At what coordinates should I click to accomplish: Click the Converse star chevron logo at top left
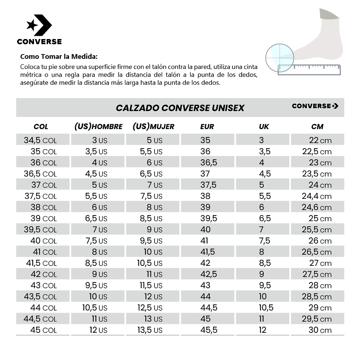click(x=39, y=25)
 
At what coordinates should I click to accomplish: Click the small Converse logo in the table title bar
click(x=315, y=106)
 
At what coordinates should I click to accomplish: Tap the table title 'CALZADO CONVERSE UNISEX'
click(x=180, y=108)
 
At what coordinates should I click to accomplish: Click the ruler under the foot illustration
click(x=309, y=69)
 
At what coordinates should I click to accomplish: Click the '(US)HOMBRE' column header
click(x=98, y=127)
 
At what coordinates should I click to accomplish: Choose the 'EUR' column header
click(x=207, y=127)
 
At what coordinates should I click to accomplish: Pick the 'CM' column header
click(x=317, y=127)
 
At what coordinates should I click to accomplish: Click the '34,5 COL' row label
click(x=40, y=140)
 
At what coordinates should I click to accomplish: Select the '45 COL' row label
click(x=43, y=330)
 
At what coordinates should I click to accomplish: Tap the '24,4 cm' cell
click(x=317, y=196)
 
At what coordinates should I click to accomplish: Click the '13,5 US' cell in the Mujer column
click(x=149, y=330)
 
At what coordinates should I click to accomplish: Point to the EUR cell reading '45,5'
click(x=209, y=330)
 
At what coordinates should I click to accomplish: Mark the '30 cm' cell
click(x=320, y=330)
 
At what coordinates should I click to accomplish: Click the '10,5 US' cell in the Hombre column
click(x=95, y=308)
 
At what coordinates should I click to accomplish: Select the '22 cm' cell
click(x=320, y=140)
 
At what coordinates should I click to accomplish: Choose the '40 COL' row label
click(x=43, y=241)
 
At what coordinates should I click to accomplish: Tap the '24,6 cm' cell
click(x=317, y=207)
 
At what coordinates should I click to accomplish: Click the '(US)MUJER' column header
click(x=153, y=127)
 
